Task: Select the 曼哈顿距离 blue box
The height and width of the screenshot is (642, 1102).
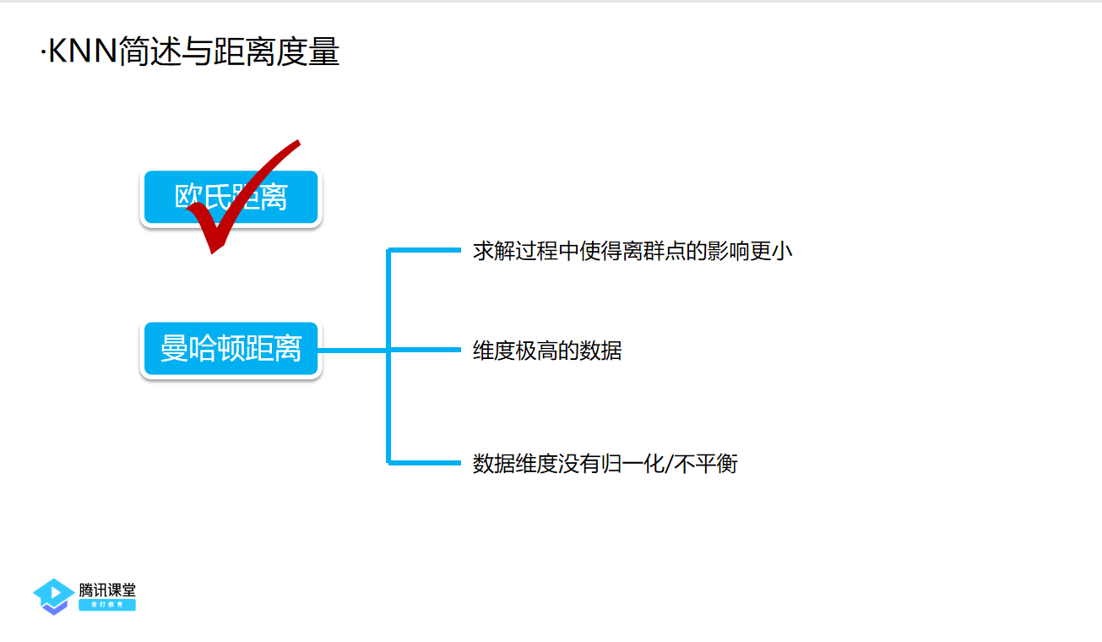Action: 231,348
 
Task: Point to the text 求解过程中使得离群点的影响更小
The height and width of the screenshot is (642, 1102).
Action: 632,251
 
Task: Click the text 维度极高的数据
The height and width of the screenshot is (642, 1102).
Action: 547,351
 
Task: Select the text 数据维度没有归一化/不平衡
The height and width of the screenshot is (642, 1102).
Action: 605,464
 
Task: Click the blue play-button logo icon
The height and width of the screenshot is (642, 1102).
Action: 53,596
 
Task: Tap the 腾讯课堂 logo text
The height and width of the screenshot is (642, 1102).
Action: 107,590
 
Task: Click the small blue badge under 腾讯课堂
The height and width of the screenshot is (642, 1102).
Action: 107,605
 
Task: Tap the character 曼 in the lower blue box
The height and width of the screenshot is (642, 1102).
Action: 174,348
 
